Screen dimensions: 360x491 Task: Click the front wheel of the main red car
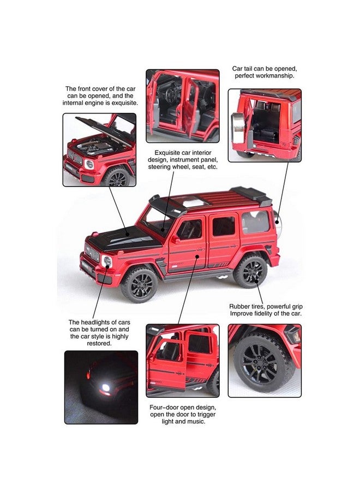coord(140,284)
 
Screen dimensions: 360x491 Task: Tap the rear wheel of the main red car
coord(251,271)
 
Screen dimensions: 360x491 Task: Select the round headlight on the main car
coord(107,261)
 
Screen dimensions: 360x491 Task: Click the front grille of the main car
coord(92,252)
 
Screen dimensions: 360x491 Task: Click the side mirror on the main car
coord(175,239)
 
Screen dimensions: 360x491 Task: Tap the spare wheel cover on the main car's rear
coord(277,222)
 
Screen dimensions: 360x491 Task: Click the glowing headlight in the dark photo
coord(106,387)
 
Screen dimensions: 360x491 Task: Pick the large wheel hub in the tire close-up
coord(262,363)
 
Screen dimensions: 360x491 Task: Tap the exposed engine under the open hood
coord(94,146)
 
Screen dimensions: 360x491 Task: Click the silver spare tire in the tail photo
coord(238,127)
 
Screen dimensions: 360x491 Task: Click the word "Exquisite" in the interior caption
coord(167,153)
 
